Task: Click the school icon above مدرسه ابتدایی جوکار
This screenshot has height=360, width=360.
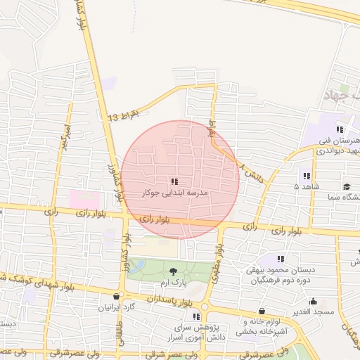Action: click(174, 181)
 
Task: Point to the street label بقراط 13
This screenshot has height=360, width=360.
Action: click(124, 115)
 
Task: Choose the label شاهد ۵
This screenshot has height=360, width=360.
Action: click(306, 186)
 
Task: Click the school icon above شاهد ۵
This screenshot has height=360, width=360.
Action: click(306, 176)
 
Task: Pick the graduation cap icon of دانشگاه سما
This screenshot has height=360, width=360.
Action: click(347, 186)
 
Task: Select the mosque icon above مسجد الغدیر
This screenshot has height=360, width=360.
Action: click(262, 310)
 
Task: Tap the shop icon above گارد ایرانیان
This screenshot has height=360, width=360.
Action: click(116, 297)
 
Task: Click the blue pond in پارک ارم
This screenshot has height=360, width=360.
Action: click(136, 266)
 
